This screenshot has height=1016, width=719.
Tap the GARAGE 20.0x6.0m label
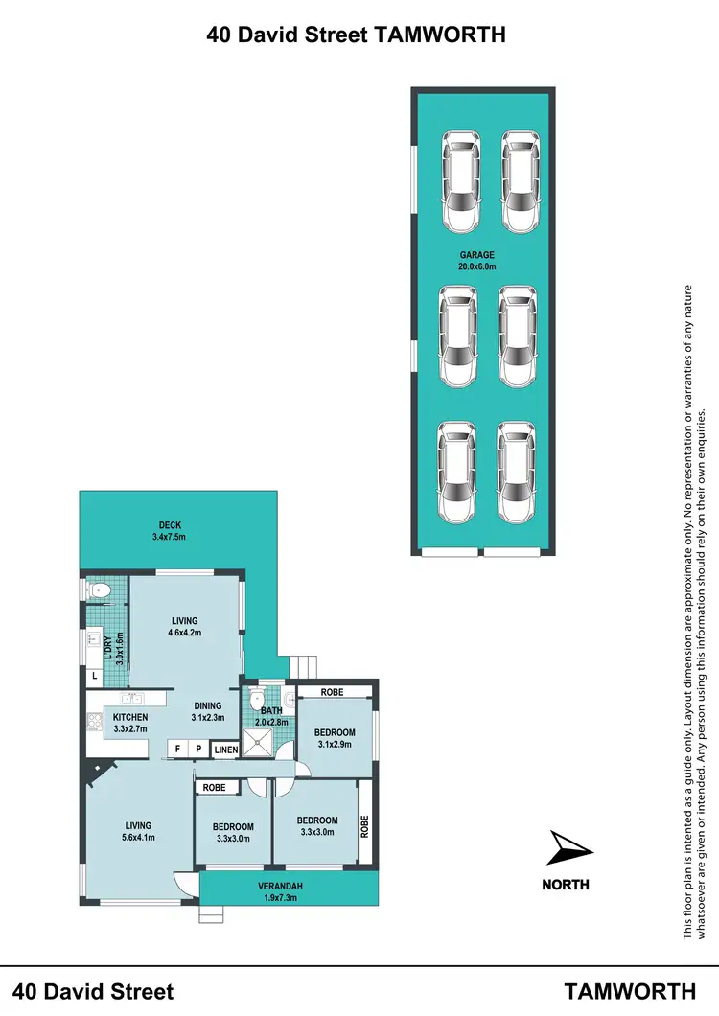point(476,261)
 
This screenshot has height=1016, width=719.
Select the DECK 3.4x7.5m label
point(168,531)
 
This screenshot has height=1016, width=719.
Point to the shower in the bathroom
point(257,740)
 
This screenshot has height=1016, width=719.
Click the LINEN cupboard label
point(225,749)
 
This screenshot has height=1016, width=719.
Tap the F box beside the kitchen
point(177,749)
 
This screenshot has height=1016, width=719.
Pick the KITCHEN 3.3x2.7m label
point(130,723)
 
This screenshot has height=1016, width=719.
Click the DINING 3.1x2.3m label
point(208,710)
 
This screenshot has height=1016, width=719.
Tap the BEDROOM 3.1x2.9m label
point(335,739)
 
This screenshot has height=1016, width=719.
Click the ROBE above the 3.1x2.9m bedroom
point(333,692)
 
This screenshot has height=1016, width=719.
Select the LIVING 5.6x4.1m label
point(137,831)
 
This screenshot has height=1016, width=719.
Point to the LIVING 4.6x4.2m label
point(185,627)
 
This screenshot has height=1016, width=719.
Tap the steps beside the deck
point(305,664)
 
